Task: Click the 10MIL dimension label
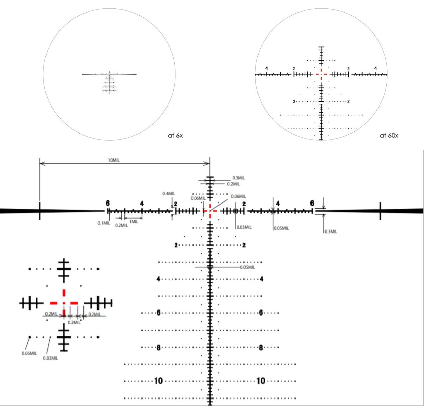point(114,160)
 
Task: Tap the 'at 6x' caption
point(175,136)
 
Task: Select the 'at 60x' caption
point(389,136)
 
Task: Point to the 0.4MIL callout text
point(169,194)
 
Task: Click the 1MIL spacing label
point(134,222)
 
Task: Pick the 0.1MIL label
point(104,223)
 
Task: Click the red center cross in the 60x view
point(321,74)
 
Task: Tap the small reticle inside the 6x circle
point(109,82)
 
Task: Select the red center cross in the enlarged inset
point(64,303)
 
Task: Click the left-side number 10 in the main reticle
point(158,381)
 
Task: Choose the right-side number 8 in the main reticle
point(261,348)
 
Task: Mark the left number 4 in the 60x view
point(267,68)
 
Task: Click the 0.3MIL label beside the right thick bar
point(331,232)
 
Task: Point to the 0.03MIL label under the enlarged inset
point(51,358)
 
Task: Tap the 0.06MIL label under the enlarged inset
point(29,353)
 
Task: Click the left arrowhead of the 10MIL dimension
point(41,164)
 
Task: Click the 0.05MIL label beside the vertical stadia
point(247,267)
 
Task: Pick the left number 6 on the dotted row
point(158,312)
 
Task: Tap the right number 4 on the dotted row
point(261,279)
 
